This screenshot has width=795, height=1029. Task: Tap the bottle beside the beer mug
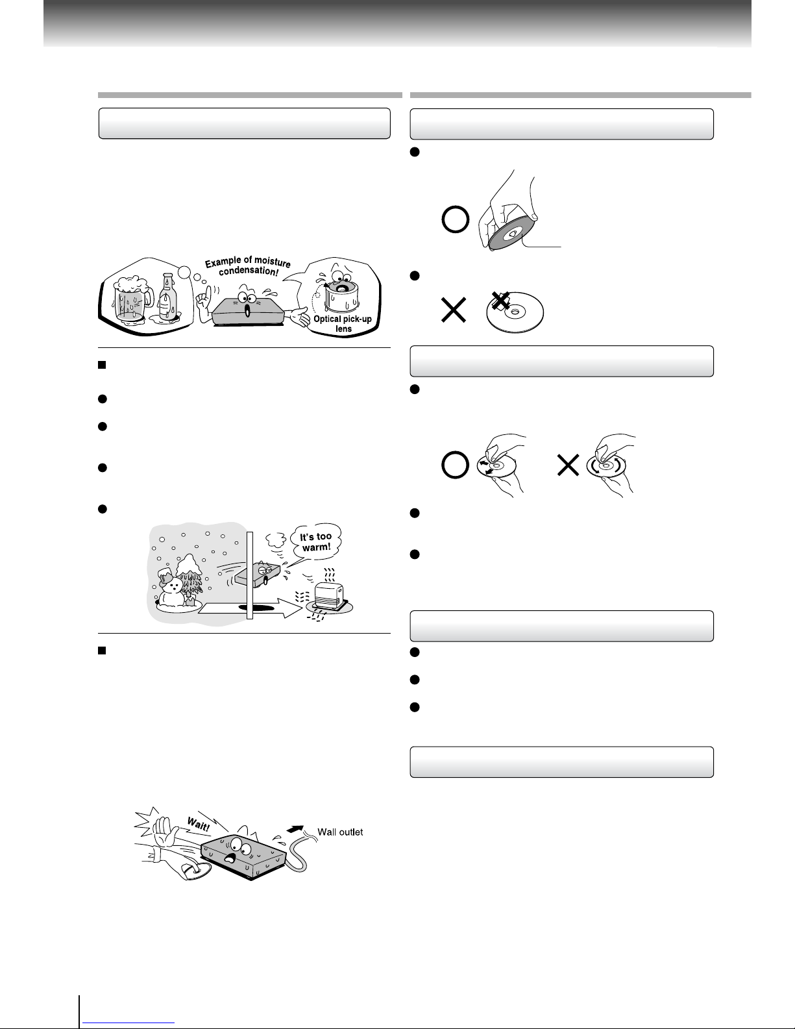click(167, 297)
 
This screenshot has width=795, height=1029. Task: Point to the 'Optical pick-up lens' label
click(343, 323)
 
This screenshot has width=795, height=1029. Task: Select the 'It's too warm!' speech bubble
click(316, 541)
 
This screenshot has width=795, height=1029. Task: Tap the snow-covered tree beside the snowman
click(190, 576)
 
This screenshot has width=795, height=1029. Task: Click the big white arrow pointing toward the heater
click(251, 608)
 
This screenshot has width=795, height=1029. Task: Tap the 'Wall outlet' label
click(340, 832)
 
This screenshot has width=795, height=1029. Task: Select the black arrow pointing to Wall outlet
click(295, 828)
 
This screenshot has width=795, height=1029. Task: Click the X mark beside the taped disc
click(454, 310)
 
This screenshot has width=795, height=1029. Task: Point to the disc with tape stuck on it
click(515, 312)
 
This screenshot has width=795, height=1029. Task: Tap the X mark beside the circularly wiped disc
click(568, 465)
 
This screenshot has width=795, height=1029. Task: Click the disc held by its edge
click(511, 232)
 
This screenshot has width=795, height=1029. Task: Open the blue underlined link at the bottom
click(128, 1023)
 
